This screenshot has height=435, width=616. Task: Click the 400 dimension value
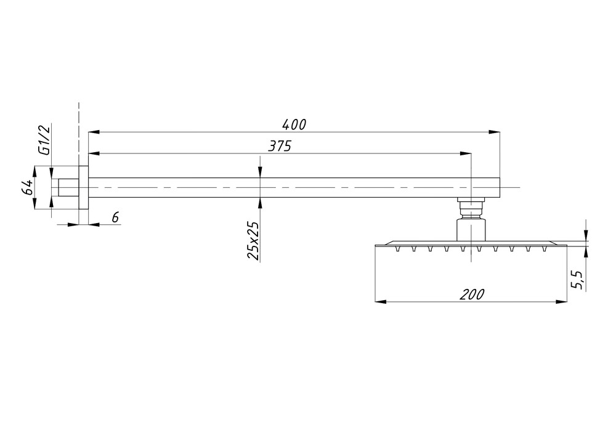click(x=294, y=124)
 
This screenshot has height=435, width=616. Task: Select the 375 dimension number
click(x=279, y=146)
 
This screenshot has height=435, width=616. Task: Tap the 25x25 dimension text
click(x=253, y=241)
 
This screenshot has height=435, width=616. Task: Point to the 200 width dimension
click(x=472, y=295)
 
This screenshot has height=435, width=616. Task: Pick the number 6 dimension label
click(x=115, y=218)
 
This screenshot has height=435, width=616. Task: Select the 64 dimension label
click(x=27, y=187)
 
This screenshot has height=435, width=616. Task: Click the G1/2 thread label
click(x=45, y=140)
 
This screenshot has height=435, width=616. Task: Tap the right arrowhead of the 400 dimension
click(x=495, y=132)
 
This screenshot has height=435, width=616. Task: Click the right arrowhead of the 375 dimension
click(x=466, y=153)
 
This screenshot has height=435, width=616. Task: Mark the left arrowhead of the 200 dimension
click(x=381, y=302)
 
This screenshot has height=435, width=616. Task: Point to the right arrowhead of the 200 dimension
click(x=562, y=302)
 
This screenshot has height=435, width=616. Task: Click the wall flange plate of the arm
click(x=83, y=187)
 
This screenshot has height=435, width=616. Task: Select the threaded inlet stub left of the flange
click(x=69, y=187)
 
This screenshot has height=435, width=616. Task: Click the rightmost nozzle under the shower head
click(x=545, y=248)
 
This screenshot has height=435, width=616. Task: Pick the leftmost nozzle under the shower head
click(x=397, y=248)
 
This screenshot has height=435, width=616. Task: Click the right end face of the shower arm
click(x=500, y=187)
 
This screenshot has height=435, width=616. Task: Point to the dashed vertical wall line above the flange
click(x=79, y=134)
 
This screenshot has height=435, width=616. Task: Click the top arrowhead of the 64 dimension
click(x=34, y=172)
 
